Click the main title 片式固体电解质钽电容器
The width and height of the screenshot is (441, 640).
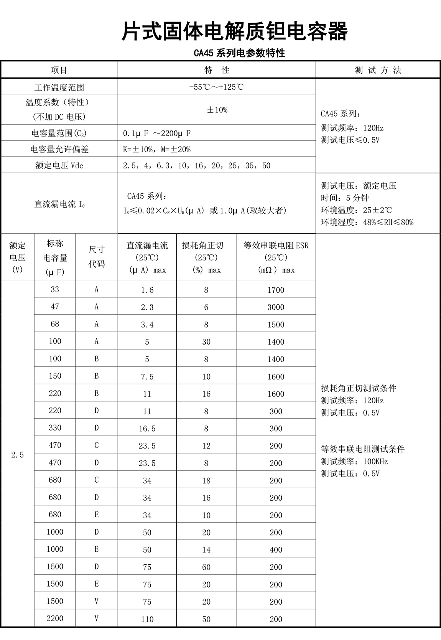click(234, 31)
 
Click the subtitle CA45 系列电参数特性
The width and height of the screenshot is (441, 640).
click(239, 53)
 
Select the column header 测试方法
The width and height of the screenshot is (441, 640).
click(378, 70)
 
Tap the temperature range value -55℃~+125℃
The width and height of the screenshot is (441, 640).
click(216, 87)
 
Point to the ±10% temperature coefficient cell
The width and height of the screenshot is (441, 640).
click(217, 110)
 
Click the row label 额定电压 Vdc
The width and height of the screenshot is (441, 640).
click(59, 165)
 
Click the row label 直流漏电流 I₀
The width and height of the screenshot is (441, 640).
click(59, 204)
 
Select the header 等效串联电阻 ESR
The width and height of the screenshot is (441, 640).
click(276, 245)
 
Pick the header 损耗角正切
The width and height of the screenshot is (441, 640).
click(206, 245)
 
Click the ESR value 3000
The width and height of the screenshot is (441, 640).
click(276, 307)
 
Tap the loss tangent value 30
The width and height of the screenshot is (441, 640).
click(206, 342)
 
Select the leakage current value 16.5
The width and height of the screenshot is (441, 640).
click(147, 429)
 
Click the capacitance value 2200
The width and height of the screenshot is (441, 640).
click(55, 618)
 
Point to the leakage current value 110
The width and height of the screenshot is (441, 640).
click(147, 619)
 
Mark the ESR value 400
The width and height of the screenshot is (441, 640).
click(276, 550)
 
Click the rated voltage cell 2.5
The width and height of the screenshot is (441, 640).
click(17, 455)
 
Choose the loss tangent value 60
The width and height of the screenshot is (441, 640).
click(206, 567)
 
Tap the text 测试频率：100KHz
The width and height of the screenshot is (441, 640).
click(354, 461)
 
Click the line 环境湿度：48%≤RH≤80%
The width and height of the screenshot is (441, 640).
click(367, 222)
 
